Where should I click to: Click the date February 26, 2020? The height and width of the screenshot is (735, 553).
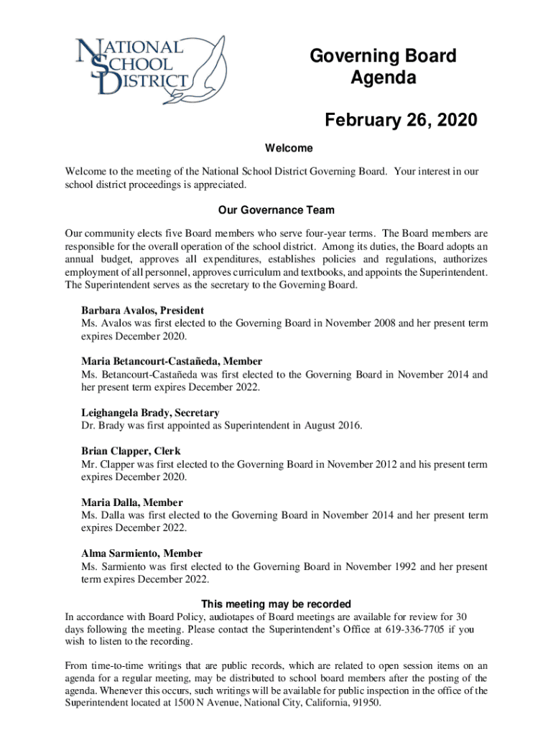click(x=400, y=120)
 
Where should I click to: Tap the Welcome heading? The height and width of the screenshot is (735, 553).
click(x=289, y=149)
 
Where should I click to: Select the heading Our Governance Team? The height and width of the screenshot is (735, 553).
click(x=276, y=211)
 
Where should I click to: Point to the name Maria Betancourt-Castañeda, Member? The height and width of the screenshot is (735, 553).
click(x=172, y=362)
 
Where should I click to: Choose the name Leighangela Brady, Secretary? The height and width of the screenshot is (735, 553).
click(x=150, y=413)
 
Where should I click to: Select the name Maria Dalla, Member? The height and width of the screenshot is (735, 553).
click(x=131, y=502)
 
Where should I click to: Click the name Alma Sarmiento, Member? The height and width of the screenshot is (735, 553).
click(x=141, y=553)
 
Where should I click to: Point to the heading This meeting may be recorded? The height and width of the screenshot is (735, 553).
click(x=276, y=604)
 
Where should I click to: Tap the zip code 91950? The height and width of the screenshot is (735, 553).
click(x=364, y=703)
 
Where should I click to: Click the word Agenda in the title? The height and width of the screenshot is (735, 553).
click(x=383, y=78)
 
